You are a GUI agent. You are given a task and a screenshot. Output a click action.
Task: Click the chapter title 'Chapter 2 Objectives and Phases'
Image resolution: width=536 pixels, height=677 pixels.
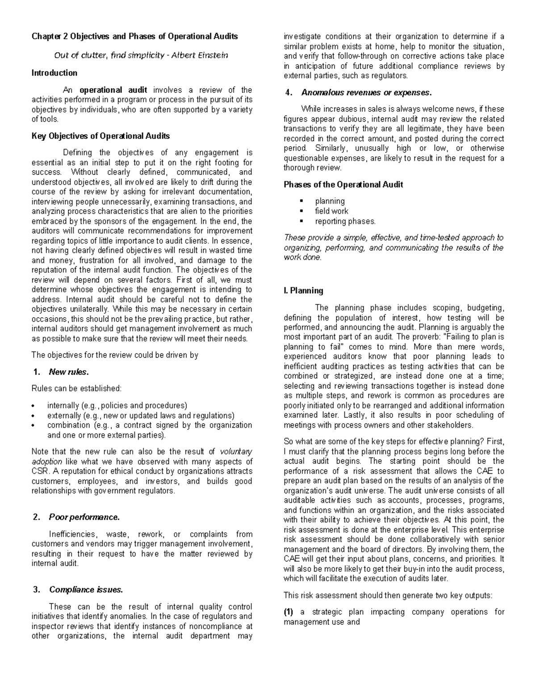[x=134, y=36]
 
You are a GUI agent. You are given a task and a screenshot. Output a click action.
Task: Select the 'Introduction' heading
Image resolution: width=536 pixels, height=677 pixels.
[x=54, y=73]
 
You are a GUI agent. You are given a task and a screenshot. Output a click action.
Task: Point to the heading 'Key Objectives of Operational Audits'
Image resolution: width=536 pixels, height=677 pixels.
[x=100, y=136]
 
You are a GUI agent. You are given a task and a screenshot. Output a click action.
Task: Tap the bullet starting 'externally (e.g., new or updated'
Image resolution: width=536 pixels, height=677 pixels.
[x=140, y=415]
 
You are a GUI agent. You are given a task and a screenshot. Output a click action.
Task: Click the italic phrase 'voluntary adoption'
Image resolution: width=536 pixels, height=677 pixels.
[x=232, y=451]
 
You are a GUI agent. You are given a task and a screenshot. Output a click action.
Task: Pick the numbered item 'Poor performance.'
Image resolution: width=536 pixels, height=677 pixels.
[x=84, y=517]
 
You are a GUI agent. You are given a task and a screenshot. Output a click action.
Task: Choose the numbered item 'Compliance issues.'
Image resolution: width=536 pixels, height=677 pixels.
[x=86, y=589]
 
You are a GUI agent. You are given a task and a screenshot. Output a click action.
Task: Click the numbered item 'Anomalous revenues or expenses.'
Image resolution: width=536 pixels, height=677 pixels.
[x=367, y=93]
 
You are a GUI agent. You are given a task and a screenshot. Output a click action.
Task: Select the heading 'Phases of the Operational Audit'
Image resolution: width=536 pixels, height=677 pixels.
[x=343, y=185]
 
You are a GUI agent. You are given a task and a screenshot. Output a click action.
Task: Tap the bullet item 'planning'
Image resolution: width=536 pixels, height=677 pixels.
[x=330, y=201]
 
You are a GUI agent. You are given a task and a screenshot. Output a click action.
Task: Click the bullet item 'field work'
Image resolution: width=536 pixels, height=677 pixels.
[x=331, y=211]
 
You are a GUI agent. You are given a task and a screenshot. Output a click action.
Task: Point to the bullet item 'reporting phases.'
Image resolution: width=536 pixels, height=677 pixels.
[x=345, y=221]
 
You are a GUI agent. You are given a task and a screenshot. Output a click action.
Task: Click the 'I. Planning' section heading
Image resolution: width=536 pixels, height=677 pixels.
[x=303, y=290]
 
